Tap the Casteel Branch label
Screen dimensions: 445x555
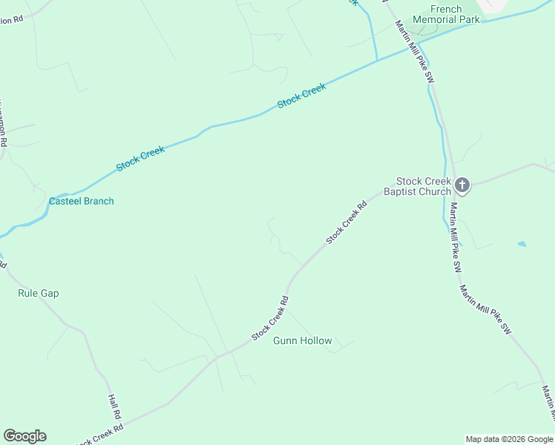pyautogui.click(x=82, y=201)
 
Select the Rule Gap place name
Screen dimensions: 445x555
pyautogui.click(x=38, y=293)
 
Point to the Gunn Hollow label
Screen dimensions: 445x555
pyautogui.click(x=302, y=340)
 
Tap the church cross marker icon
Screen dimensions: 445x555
pyautogui.click(x=462, y=185)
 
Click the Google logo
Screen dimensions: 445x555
pyautogui.click(x=24, y=436)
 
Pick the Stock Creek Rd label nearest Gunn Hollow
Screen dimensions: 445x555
pyautogui.click(x=270, y=318)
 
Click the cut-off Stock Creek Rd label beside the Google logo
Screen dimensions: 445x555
pyautogui.click(x=99, y=434)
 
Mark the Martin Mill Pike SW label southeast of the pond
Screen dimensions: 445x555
pyautogui.click(x=485, y=310)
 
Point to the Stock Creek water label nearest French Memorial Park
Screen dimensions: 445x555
pyautogui.click(x=302, y=96)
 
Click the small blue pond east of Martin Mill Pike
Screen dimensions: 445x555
pyautogui.click(x=522, y=243)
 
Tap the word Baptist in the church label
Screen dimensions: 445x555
pyautogui.click(x=402, y=191)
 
